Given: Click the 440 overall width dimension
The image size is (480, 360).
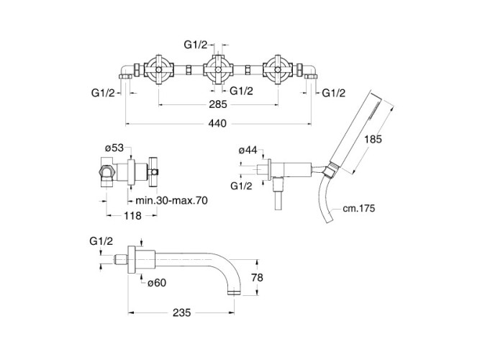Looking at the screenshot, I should (x=218, y=123).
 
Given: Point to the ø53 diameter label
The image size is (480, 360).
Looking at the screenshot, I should (x=115, y=148).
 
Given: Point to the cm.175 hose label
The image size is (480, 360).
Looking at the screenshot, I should (x=360, y=209).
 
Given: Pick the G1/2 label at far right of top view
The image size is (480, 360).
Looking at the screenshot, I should (x=333, y=93).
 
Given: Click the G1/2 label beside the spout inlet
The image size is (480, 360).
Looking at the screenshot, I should (x=102, y=240).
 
